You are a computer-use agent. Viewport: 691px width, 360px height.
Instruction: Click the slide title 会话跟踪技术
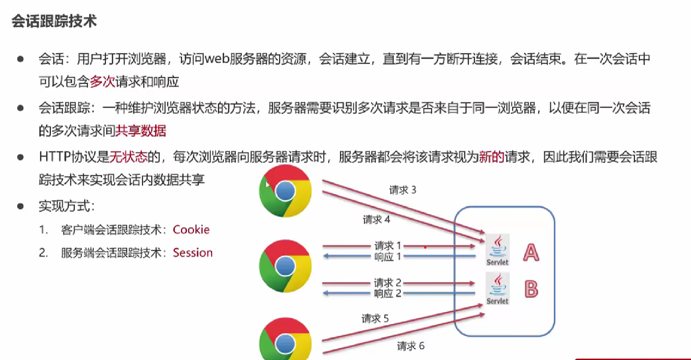54,21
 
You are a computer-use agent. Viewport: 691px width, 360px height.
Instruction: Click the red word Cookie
191,229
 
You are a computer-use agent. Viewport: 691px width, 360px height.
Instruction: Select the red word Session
193,253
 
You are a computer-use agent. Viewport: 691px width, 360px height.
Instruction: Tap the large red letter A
531,253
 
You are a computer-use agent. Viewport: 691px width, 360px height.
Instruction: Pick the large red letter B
531,289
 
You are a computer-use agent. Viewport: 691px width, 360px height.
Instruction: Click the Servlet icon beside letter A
497,250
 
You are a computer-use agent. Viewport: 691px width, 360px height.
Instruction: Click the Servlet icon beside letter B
497,289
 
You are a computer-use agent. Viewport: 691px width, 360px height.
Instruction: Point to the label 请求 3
402,190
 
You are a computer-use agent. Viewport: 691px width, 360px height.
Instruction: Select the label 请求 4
376,220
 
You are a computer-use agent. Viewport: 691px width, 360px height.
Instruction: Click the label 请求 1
387,246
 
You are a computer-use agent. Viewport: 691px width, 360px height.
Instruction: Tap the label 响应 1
387,257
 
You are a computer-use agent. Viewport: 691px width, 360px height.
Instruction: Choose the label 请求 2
387,282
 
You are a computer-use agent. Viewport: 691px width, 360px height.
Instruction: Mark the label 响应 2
387,293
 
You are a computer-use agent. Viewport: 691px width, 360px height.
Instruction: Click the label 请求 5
375,319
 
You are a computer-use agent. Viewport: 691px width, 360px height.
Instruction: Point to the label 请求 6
411,346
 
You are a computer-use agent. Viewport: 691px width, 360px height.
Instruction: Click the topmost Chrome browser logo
285,191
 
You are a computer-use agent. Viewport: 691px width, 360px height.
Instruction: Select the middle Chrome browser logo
285,266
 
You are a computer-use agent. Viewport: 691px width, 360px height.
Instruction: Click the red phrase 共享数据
141,131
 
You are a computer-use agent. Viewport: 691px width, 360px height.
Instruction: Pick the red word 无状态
128,157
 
